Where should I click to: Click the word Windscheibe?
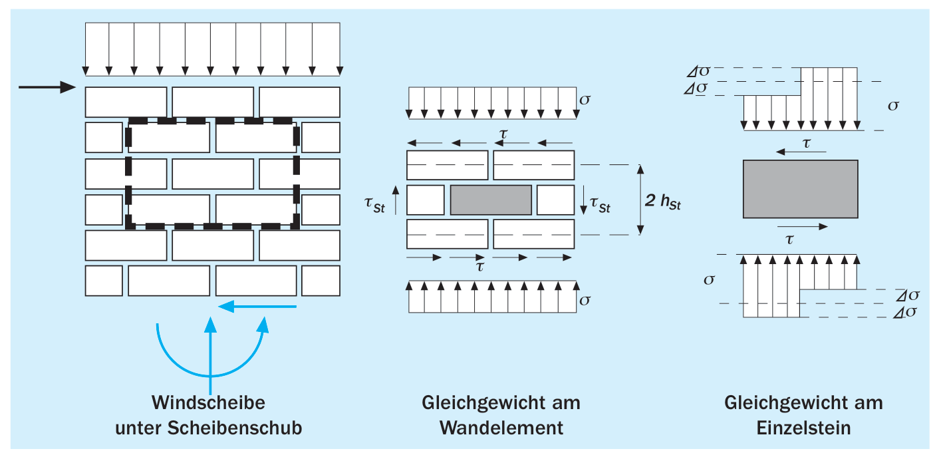(x=208, y=402)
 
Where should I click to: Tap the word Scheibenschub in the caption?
(x=235, y=428)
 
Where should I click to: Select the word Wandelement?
(x=501, y=428)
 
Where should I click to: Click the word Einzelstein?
(x=803, y=428)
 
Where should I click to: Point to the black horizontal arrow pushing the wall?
(x=47, y=87)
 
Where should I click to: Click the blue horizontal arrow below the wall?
(x=257, y=307)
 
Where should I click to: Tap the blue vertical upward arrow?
(x=210, y=355)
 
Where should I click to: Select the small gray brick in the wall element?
(x=491, y=200)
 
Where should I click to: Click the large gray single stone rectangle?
(x=800, y=189)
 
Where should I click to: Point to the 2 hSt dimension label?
(x=663, y=202)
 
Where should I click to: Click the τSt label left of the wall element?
(x=375, y=205)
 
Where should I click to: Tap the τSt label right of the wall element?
(x=600, y=205)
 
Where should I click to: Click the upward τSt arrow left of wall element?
(x=396, y=200)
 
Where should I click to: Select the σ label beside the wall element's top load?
(x=585, y=100)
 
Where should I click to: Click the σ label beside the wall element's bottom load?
(x=585, y=301)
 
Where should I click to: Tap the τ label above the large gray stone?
(x=806, y=144)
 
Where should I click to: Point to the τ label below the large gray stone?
(x=789, y=239)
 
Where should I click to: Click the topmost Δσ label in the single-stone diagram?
(x=698, y=72)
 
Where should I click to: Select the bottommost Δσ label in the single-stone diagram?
(x=905, y=313)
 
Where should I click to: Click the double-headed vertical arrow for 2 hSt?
(x=640, y=200)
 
